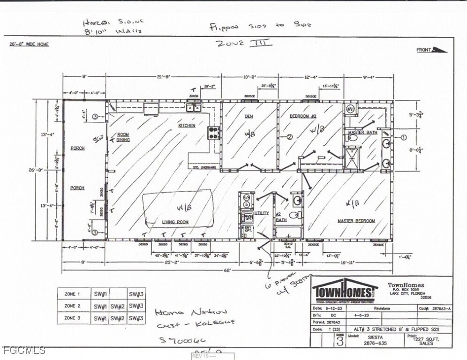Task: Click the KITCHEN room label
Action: click(x=186, y=126)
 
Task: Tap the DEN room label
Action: click(x=249, y=116)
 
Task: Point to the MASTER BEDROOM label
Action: click(x=356, y=221)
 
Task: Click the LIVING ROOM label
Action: click(x=175, y=222)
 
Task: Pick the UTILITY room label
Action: click(x=262, y=213)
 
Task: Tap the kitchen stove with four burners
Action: click(x=213, y=133)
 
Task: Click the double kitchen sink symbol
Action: click(x=194, y=108)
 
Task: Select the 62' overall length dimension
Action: click(x=227, y=271)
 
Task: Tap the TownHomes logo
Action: click(x=345, y=291)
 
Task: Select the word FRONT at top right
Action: click(x=424, y=50)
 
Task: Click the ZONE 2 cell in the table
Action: click(x=73, y=306)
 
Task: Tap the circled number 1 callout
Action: click(x=403, y=137)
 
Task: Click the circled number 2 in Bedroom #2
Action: click(x=289, y=137)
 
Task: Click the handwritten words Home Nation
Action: click(x=191, y=312)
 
